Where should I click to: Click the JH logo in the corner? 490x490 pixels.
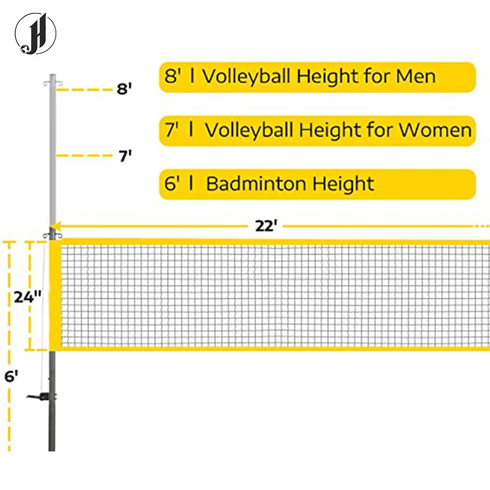click(x=36, y=33)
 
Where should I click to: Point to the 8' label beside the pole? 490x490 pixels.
click(x=124, y=89)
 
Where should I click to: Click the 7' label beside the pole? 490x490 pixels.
click(x=125, y=156)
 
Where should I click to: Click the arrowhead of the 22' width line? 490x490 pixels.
click(x=63, y=225)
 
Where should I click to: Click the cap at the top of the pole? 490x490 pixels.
click(x=52, y=80)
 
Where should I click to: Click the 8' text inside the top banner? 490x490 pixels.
click(x=171, y=77)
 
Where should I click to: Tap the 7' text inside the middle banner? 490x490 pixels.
click(x=171, y=130)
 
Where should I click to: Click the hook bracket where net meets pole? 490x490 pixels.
click(x=50, y=236)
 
